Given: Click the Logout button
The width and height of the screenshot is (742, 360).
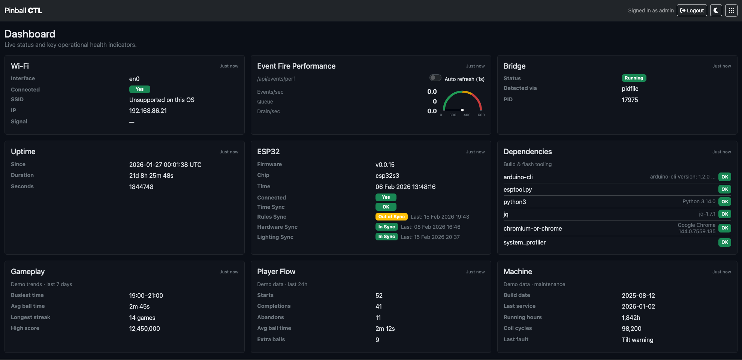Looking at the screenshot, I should pos(692,10).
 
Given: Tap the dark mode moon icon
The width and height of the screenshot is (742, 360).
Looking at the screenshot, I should pos(716,10).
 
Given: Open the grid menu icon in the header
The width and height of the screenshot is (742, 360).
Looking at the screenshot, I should pos(731,10).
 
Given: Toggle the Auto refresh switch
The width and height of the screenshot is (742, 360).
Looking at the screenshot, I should pos(435,78).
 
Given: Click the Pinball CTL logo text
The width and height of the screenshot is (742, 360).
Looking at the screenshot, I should pos(23,10).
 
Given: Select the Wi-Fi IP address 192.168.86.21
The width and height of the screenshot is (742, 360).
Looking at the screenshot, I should pos(148,111).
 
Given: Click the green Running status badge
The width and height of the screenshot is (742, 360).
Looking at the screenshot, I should pos(634,78).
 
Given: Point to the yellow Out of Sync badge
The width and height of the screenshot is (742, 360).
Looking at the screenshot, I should pos(391,217).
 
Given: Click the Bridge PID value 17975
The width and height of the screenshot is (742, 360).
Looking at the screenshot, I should pos(630,100).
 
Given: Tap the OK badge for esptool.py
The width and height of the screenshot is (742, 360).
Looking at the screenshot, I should pos(725,189).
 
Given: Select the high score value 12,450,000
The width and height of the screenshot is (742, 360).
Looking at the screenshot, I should pos(145,329).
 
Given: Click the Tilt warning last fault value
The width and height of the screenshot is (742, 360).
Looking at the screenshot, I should pos(637,340).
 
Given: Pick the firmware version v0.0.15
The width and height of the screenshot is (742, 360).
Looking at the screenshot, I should pos(385,165).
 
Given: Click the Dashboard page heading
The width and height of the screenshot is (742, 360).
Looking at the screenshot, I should pos(30,34).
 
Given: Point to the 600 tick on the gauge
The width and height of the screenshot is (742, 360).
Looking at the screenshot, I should pos(481,115).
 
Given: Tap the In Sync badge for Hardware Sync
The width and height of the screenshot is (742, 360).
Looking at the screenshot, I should pos(386,227).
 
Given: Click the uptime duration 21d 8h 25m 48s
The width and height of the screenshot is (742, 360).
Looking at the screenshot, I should pos(151,176).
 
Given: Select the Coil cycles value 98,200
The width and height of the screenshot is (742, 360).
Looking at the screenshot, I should pos(631,329).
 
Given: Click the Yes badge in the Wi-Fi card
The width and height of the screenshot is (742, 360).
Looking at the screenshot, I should pos(139,89).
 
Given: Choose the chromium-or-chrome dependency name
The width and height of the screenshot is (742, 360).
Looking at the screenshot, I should pos(533,229).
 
